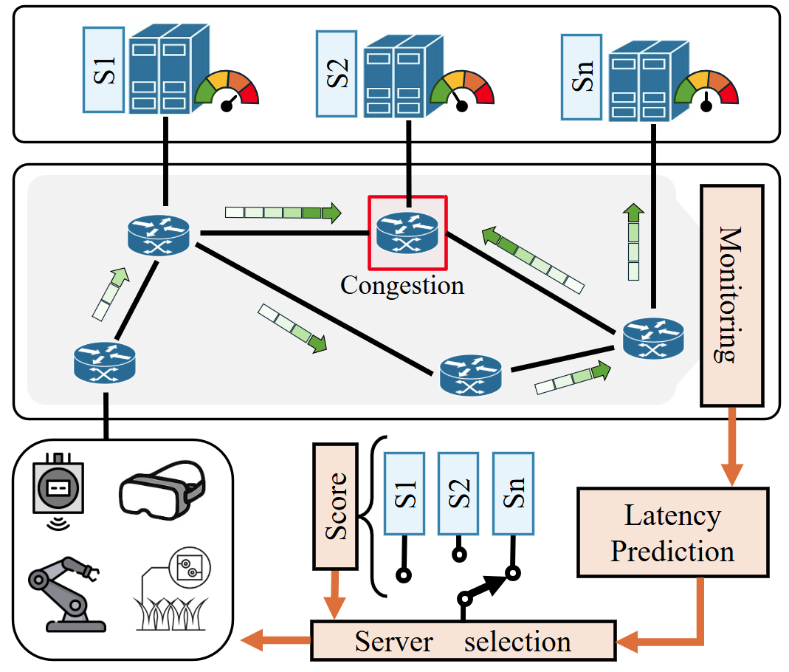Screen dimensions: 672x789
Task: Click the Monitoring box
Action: pyautogui.click(x=731, y=295)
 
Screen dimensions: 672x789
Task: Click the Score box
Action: pyautogui.click(x=335, y=507)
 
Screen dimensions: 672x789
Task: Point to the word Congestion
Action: pyautogui.click(x=402, y=285)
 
